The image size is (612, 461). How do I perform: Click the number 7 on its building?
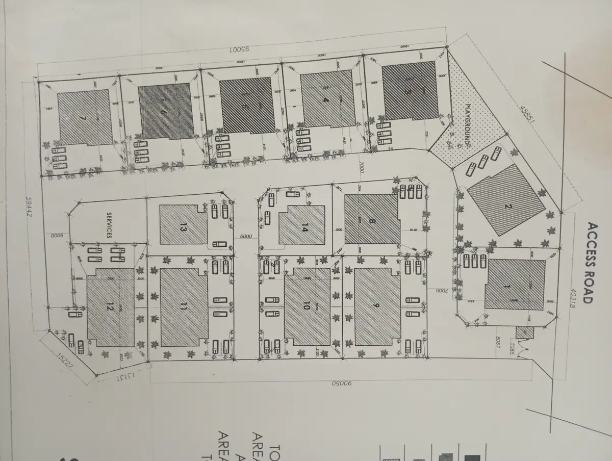[x=84, y=118]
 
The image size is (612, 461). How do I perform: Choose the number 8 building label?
[x=372, y=221]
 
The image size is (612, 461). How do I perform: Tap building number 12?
[x=110, y=306]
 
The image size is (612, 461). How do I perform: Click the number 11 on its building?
[x=184, y=306]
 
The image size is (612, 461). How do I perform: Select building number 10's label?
[x=306, y=305]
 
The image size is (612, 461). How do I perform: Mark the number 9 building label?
[x=376, y=305]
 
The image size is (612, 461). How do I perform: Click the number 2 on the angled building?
[x=507, y=206]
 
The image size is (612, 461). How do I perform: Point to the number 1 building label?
[x=506, y=287]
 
